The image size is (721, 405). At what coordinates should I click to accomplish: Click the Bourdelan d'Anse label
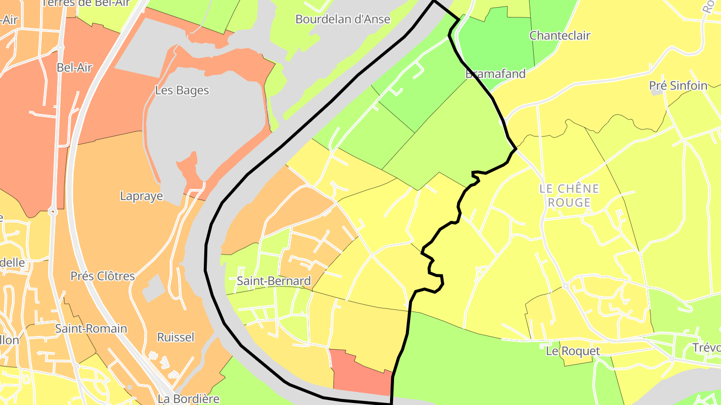pos(342,19)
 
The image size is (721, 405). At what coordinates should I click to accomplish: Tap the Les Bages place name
pos(182,90)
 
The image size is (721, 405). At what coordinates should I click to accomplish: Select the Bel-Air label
pos(75,67)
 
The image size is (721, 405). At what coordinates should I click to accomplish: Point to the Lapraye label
pos(142,196)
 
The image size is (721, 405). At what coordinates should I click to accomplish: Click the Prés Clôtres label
pos(103,276)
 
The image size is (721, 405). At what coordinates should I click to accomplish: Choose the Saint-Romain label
pos(91,328)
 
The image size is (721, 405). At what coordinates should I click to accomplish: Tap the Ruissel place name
pos(175,337)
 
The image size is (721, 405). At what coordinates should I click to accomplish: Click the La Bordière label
pos(188,398)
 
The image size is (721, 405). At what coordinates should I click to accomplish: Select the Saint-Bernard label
pos(273,281)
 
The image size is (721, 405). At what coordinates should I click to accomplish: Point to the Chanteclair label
pos(560,35)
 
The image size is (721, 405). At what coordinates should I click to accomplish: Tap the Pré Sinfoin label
pos(678,85)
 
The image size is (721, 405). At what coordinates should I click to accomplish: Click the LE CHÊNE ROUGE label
pos(569,195)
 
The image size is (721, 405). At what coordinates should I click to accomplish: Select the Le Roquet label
pos(572,351)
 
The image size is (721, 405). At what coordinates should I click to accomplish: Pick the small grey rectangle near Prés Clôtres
pos(153,288)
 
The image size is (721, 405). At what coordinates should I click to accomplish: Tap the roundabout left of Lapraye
pos(53,211)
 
